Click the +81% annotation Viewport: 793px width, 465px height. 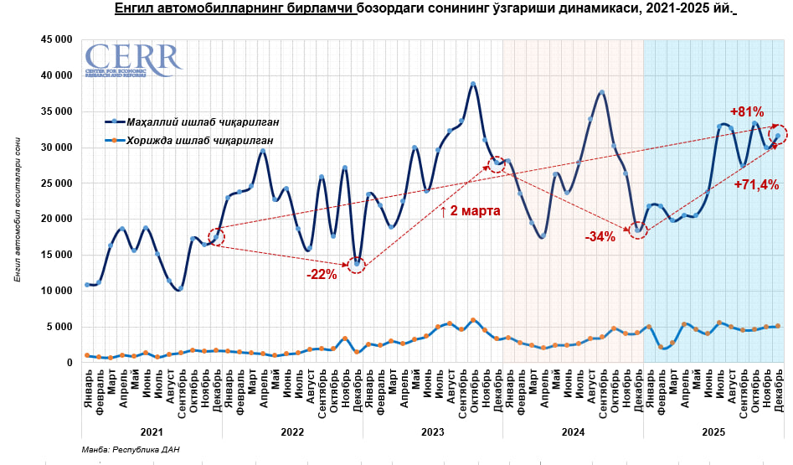tap(746, 111)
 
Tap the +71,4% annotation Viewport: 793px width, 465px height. tap(756, 183)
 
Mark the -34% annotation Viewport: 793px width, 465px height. tap(600, 237)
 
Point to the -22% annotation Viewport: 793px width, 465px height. tap(321, 274)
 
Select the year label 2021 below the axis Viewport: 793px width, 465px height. tap(152, 431)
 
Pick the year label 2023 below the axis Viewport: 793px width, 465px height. tap(432, 431)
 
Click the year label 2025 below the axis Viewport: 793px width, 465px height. tap(713, 431)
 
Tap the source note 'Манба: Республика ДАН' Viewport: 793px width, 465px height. tap(131, 451)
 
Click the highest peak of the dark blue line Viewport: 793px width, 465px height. tap(473, 84)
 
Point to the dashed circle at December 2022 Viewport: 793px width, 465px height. tap(358, 264)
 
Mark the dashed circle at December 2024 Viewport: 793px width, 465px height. tap(638, 230)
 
